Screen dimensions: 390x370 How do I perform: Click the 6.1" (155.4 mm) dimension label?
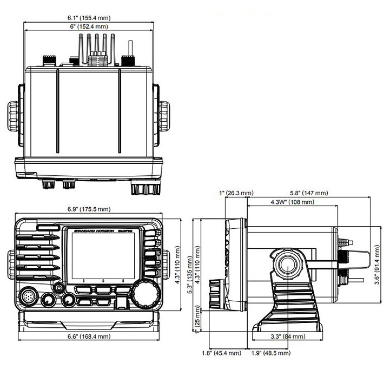tap(89, 18)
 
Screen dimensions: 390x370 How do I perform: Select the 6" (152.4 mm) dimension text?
tap(89, 27)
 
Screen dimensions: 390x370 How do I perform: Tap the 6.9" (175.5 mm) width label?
tap(89, 209)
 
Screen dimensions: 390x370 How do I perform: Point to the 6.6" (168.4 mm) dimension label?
tap(89, 336)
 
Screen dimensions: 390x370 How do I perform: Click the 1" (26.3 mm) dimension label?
tap(236, 193)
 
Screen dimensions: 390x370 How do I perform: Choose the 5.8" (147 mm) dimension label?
tap(309, 193)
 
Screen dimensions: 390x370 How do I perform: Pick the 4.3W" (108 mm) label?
tap(293, 202)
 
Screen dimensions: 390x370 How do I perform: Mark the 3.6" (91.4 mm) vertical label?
tap(377, 265)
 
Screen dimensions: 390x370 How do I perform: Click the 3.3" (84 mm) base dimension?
tap(288, 336)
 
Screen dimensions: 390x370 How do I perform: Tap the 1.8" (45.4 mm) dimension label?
tap(222, 353)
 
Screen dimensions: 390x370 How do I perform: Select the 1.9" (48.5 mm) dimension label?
tap(271, 353)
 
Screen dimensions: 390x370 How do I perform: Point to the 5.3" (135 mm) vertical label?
tap(190, 275)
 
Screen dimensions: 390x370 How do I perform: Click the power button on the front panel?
tap(59, 288)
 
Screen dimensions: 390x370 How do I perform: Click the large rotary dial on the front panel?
tap(146, 294)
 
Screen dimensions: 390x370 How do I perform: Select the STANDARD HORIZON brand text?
tap(94, 231)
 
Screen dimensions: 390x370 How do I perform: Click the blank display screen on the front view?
tap(103, 256)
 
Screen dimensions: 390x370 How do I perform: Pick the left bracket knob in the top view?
tap(13, 116)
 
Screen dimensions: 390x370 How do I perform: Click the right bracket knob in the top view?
tap(164, 116)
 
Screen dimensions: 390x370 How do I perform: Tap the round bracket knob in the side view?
tap(288, 265)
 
